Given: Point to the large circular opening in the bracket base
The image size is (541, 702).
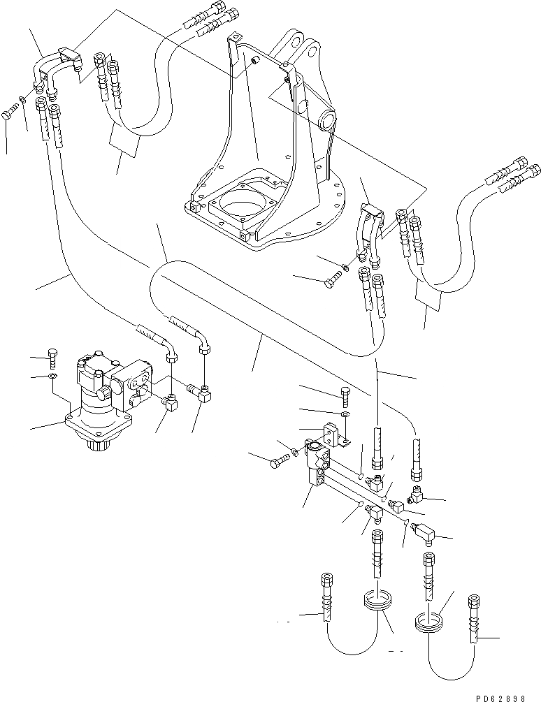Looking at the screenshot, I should pyautogui.click(x=242, y=205).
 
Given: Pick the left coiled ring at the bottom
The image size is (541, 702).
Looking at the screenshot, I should pyautogui.click(x=377, y=600).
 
